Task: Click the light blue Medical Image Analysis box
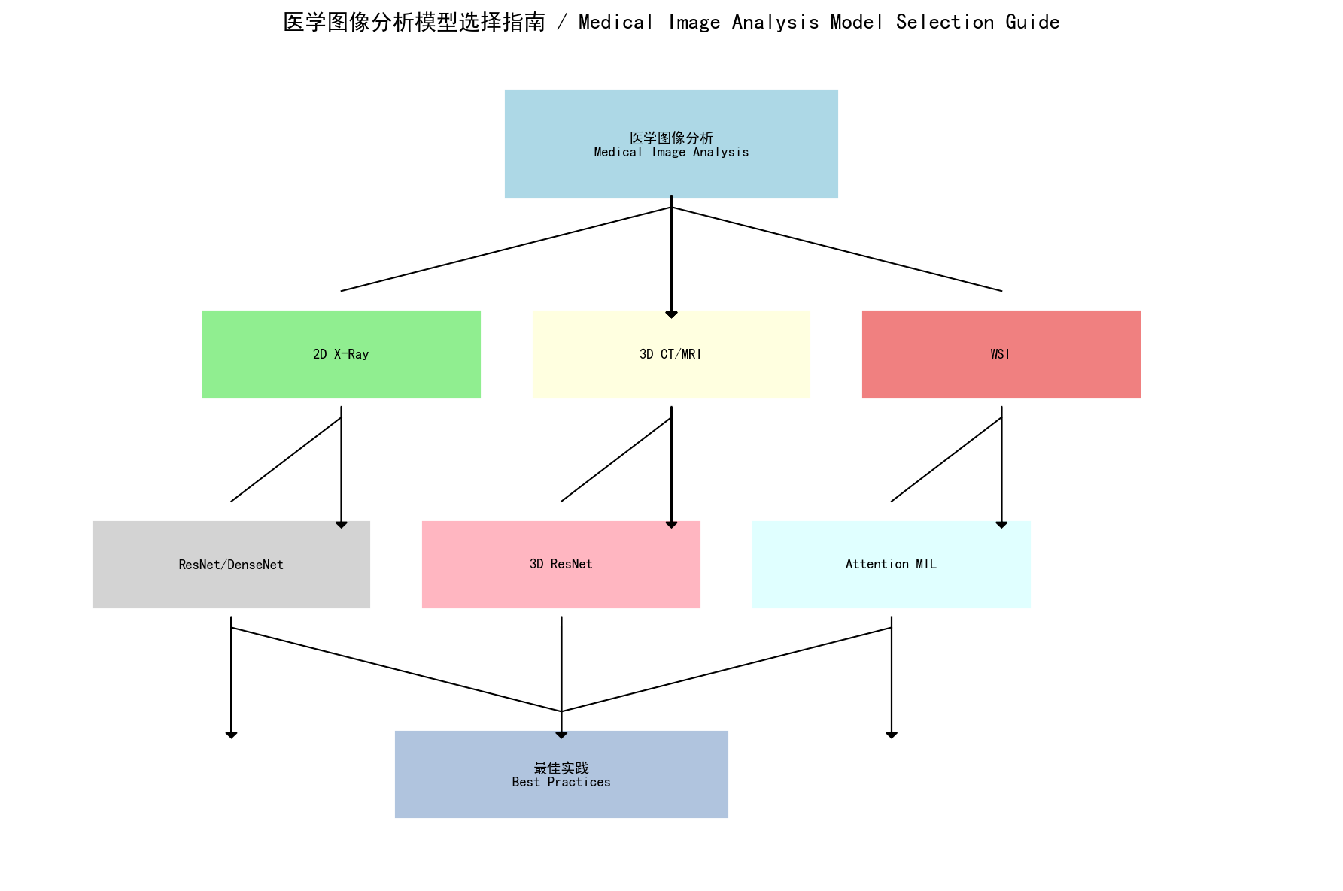point(671,144)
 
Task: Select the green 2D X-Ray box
point(341,354)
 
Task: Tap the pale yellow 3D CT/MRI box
point(671,354)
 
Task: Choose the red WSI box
point(1001,354)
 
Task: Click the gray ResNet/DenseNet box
point(231,565)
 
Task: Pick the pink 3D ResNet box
point(561,565)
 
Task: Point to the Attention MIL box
point(891,565)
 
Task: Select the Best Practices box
point(561,774)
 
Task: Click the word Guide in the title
point(1032,23)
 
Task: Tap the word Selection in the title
point(944,23)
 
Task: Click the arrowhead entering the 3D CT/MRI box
point(671,314)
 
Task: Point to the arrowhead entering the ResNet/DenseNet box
point(342,525)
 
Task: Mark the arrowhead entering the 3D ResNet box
point(671,525)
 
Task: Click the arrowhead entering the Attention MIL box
point(1001,525)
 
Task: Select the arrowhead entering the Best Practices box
point(561,735)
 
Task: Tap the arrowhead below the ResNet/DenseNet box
point(231,735)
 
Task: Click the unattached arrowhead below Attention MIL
point(892,735)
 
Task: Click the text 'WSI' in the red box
point(1000,354)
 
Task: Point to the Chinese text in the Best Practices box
point(561,768)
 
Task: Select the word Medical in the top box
point(618,152)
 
